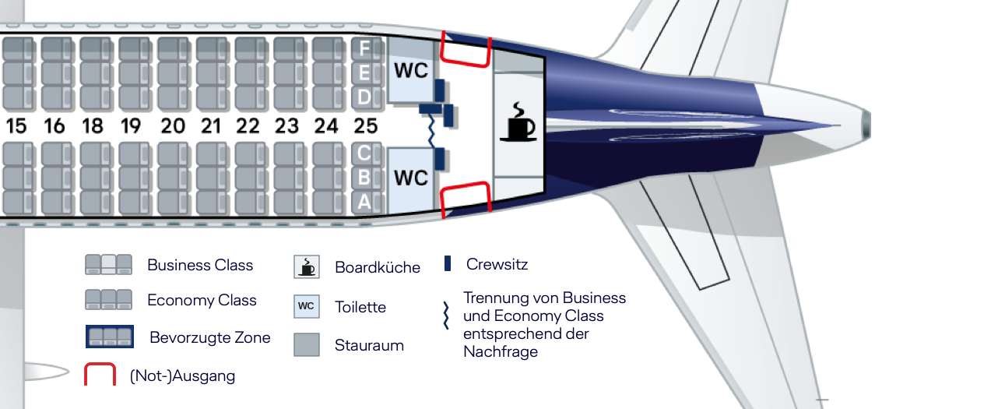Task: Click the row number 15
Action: tap(16, 125)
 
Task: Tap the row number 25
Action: tap(365, 125)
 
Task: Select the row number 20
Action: tap(172, 125)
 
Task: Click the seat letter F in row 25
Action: tap(364, 49)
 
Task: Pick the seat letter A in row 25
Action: tap(364, 202)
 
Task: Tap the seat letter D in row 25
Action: tap(364, 97)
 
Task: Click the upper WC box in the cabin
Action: tap(410, 71)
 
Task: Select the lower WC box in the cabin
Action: tap(410, 178)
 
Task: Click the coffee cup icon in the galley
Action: tap(518, 123)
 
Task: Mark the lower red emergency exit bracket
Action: tap(466, 199)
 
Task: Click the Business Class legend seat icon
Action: tap(110, 265)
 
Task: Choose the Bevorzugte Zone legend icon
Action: tap(110, 337)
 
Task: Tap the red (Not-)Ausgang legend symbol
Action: tap(100, 375)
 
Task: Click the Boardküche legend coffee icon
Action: tap(307, 266)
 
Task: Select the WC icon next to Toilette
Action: tap(307, 306)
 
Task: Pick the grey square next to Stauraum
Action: tap(307, 344)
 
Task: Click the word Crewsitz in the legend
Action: tap(497, 264)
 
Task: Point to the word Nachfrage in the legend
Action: tap(500, 351)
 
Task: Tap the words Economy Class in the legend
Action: tap(202, 300)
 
